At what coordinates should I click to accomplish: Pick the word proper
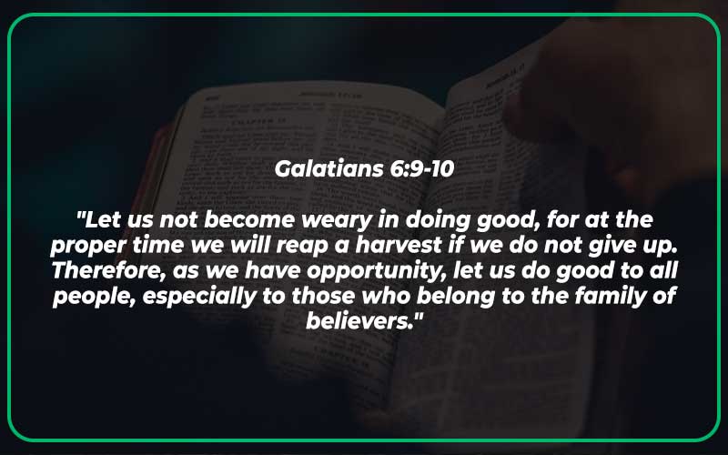coord(95,246)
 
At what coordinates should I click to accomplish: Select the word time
coord(172,246)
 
